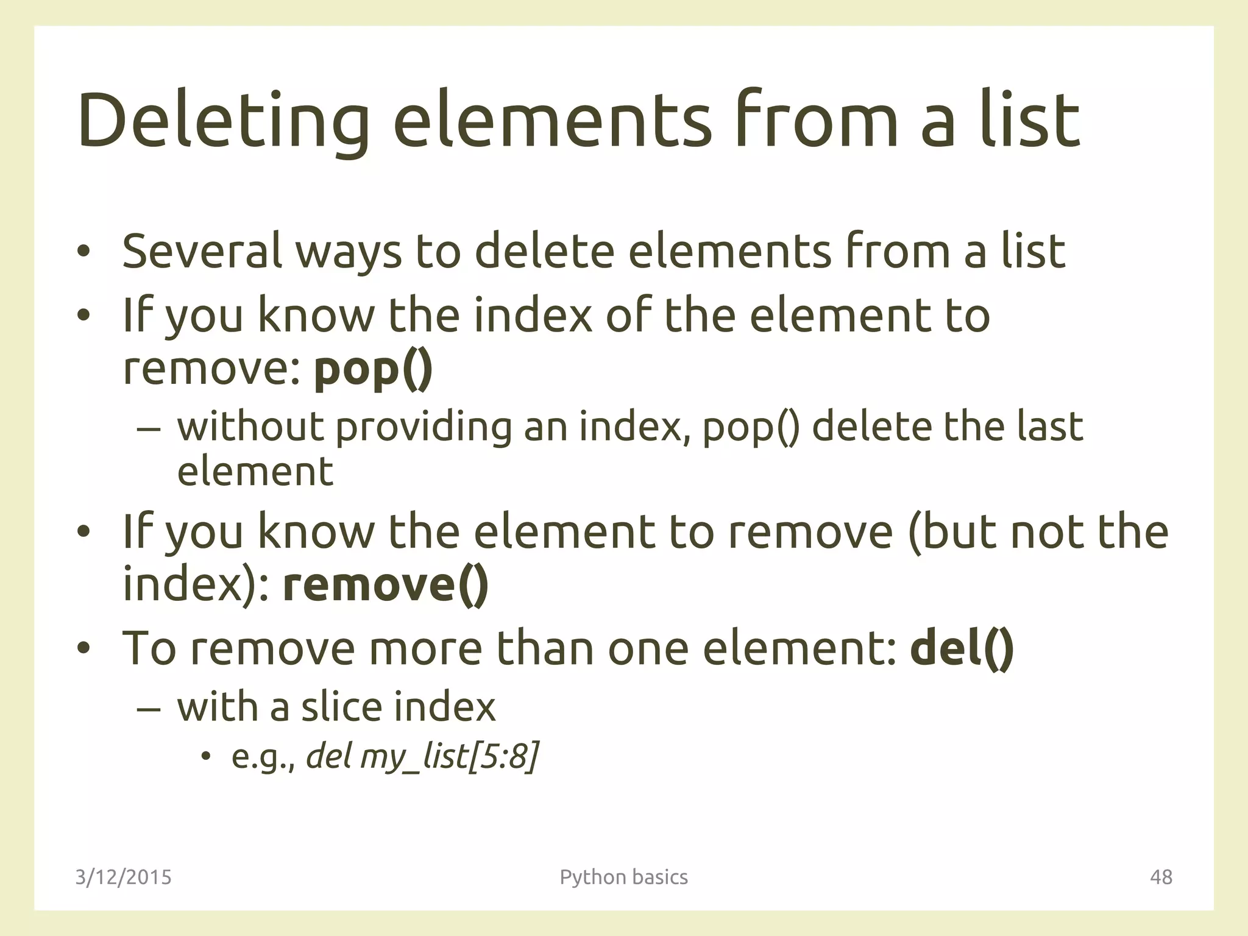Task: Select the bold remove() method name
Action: click(386, 584)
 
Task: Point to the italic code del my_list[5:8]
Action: click(422, 757)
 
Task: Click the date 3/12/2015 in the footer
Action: click(124, 877)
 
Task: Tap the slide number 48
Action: click(1161, 877)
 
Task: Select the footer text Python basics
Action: click(623, 877)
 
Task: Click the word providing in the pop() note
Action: click(424, 427)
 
